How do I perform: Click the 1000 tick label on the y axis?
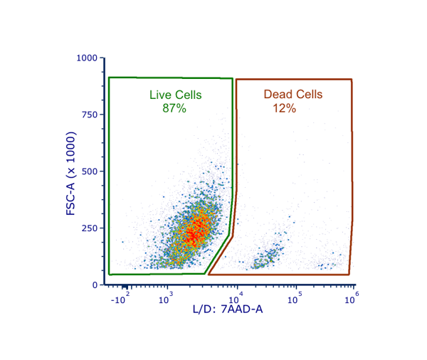tap(88, 58)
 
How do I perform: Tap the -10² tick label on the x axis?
tap(119, 300)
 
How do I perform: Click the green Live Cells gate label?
tap(175, 95)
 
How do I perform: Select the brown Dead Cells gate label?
tap(292, 95)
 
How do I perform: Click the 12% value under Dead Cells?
tap(284, 108)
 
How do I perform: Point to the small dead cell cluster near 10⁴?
tap(268, 257)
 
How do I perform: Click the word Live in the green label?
tap(160, 95)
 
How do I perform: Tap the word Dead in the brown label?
tap(277, 95)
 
